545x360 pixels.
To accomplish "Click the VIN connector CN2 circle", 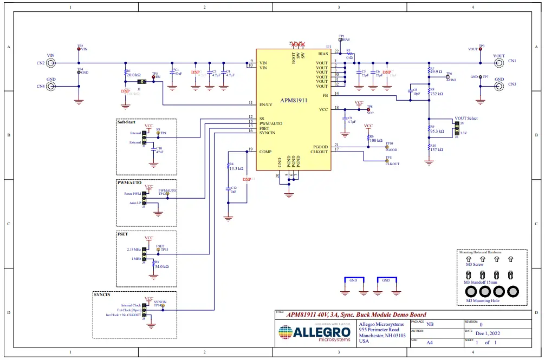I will [x=51, y=63].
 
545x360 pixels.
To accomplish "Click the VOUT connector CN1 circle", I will [x=498, y=63].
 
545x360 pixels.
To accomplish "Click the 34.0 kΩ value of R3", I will [x=161, y=266].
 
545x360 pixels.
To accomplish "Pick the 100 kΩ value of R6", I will [x=376, y=140].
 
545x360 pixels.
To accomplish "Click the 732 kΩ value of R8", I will [x=437, y=94].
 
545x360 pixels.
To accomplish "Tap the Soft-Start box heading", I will [x=128, y=122].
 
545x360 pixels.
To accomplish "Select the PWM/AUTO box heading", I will [x=129, y=183].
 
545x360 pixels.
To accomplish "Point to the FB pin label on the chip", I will [x=325, y=95].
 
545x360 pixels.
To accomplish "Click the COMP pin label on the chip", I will [x=265, y=151].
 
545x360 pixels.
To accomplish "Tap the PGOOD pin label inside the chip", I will [x=321, y=147].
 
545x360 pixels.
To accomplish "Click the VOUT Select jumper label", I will [x=466, y=118].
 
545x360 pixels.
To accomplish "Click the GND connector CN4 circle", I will [x=51, y=86].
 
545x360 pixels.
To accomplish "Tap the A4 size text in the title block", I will [x=429, y=343].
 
